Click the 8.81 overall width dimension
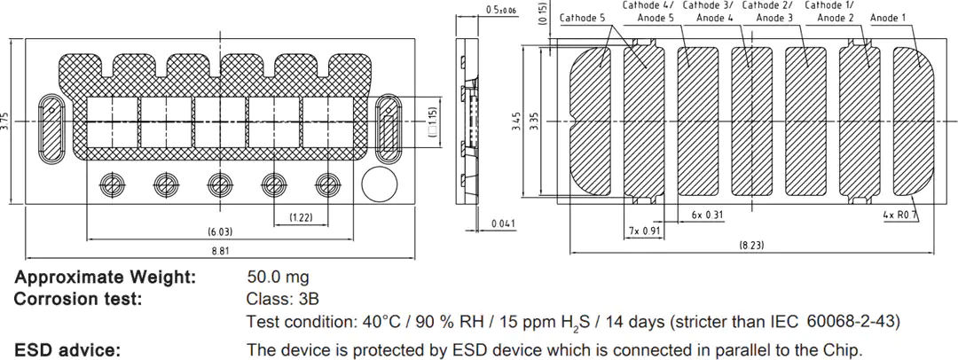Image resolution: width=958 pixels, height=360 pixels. [221, 251]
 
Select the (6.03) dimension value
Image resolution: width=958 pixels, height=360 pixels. [221, 231]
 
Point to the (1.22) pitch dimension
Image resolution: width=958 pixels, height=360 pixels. [301, 217]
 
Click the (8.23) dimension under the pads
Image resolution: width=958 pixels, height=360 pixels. [751, 245]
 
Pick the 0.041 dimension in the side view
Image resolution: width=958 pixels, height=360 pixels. [504, 223]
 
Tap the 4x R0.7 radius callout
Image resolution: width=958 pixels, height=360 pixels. [902, 215]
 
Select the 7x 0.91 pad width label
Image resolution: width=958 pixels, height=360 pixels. [644, 231]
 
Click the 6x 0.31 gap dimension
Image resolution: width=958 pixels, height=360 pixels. [707, 215]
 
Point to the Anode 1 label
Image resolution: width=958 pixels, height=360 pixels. [888, 18]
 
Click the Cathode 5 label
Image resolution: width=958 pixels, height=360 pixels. [582, 18]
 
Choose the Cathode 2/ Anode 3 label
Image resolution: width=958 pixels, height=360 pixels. [767, 12]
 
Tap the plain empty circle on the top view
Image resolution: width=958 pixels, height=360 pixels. [380, 184]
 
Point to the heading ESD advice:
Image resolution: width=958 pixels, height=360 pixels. [67, 351]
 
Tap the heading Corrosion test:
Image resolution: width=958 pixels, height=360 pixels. [78, 300]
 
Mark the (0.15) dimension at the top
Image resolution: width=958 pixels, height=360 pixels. [543, 12]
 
